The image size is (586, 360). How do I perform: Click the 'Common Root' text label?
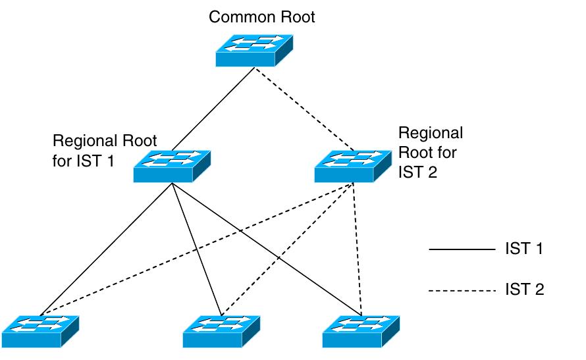click(x=262, y=16)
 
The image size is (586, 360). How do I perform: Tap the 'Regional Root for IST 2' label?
click(x=431, y=153)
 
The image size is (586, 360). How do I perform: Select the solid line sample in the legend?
click(x=461, y=249)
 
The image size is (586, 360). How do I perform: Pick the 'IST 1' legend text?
click(x=525, y=249)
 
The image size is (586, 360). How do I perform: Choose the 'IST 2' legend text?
click(x=525, y=290)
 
